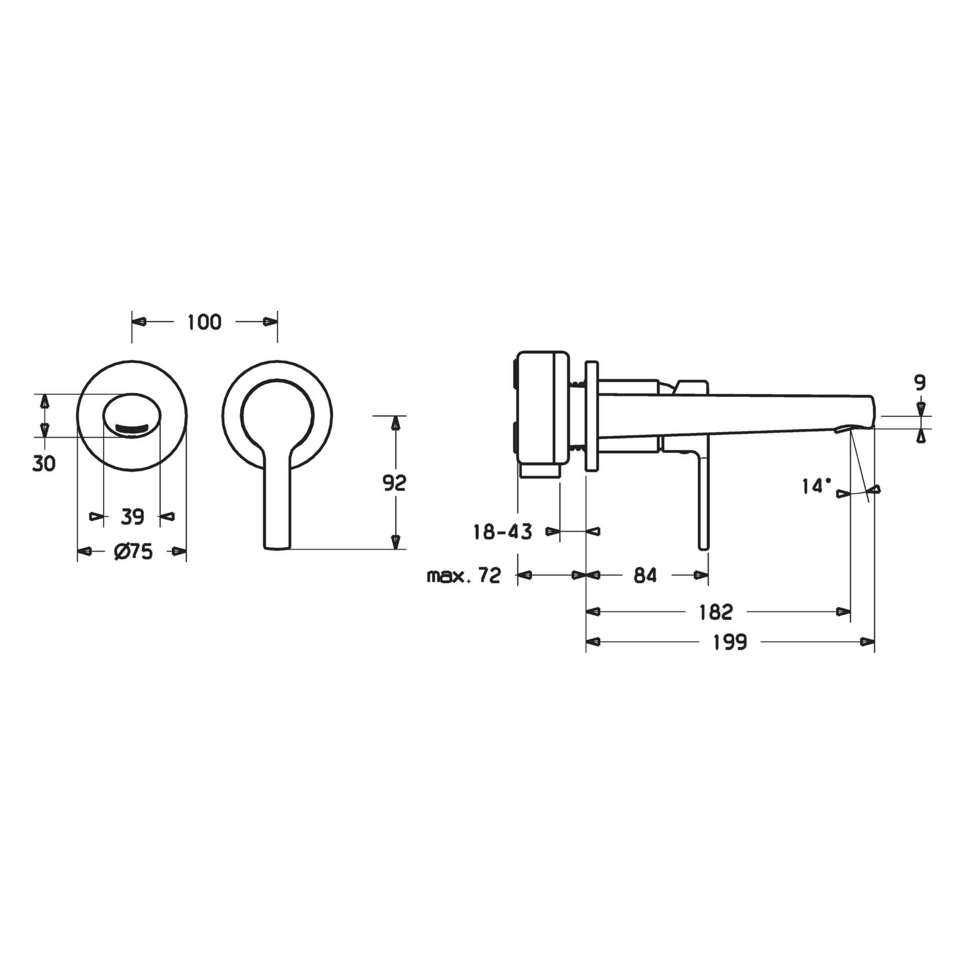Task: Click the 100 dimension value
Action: click(204, 322)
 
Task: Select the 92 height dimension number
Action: click(394, 483)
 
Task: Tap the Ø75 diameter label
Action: click(133, 552)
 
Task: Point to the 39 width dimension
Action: click(132, 517)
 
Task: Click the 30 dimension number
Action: click(44, 464)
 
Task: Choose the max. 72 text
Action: click(463, 576)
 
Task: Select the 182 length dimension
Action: click(715, 612)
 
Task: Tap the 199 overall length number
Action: click(730, 642)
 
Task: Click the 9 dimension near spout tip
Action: click(920, 383)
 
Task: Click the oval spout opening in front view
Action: click(132, 415)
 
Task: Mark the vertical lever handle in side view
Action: click(703, 502)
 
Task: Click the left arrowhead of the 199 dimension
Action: click(593, 642)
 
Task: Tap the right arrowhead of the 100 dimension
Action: click(271, 322)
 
